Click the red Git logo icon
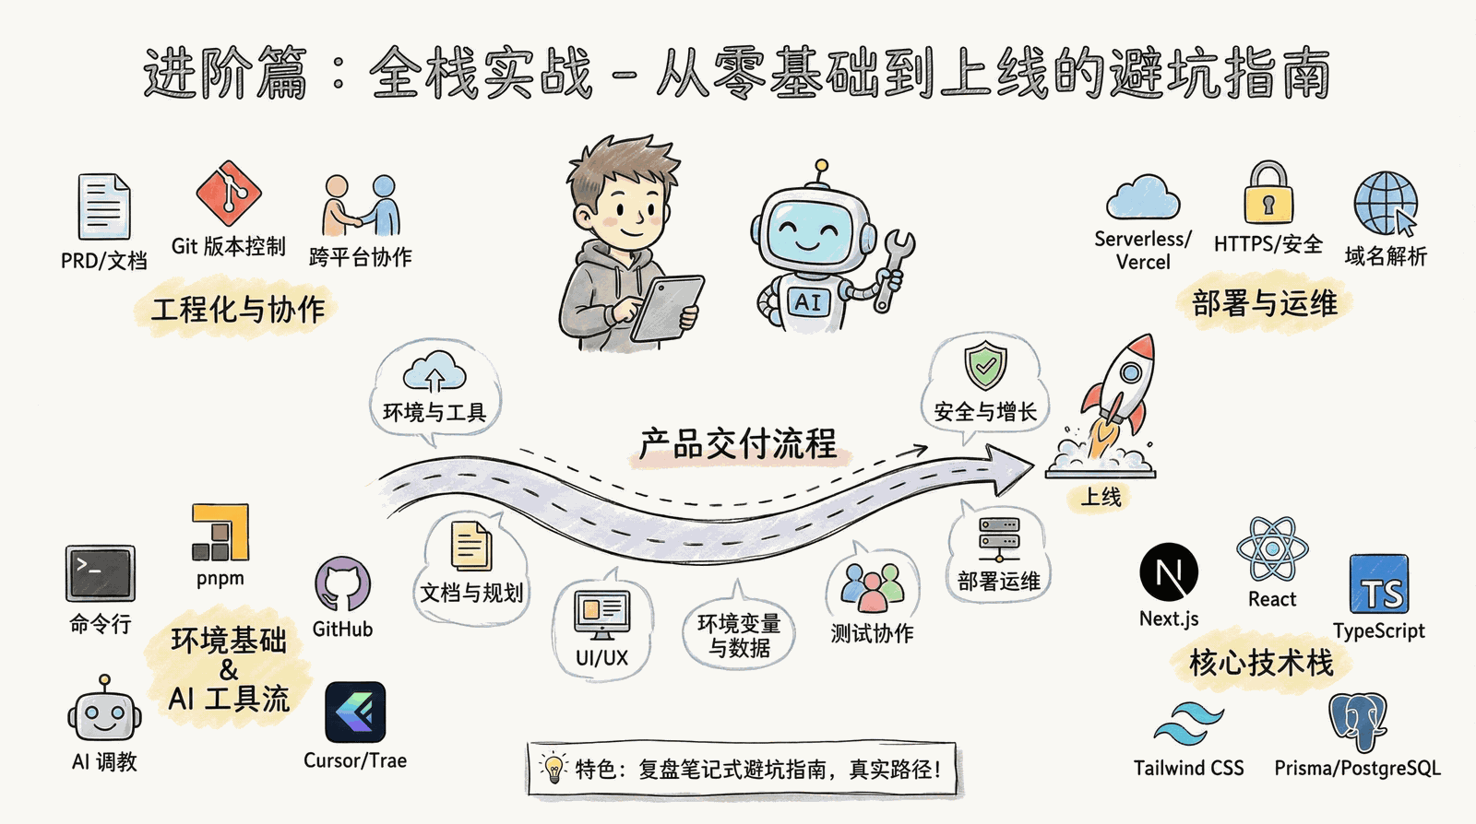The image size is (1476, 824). click(229, 193)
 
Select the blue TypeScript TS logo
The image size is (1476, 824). click(1379, 584)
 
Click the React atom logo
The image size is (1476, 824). click(1272, 549)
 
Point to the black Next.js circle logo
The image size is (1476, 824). click(1169, 572)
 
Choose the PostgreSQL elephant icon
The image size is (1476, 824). click(1357, 722)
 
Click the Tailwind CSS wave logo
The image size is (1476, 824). click(1189, 724)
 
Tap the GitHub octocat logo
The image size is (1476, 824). click(342, 584)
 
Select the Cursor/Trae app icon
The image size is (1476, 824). click(355, 712)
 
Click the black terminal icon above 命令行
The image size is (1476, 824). click(101, 573)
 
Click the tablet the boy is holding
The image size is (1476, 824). click(667, 309)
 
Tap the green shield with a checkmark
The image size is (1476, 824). click(986, 365)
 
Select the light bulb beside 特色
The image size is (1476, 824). click(553, 768)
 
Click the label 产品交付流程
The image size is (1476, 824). click(738, 443)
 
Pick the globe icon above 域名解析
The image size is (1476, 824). click(1386, 204)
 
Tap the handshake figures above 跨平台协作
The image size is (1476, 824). click(361, 206)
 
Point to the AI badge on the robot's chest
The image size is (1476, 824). click(808, 302)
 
